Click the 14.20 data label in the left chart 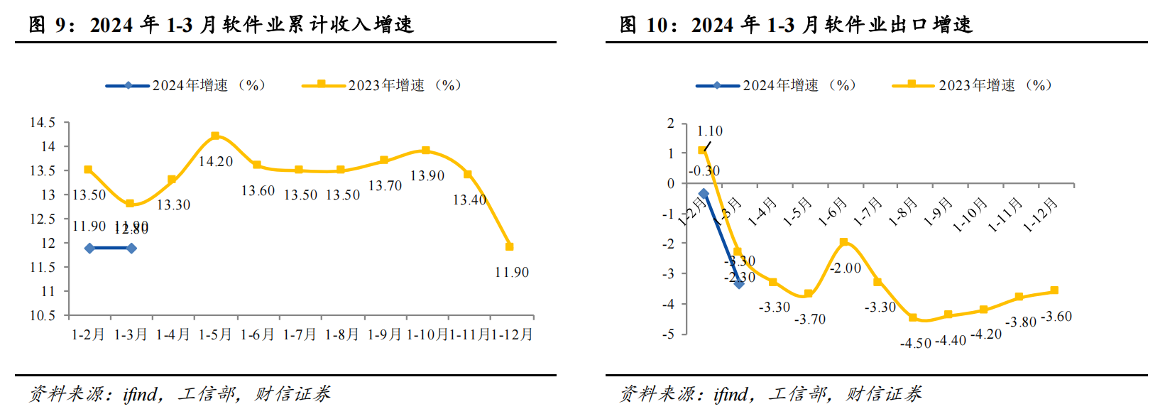pyautogui.click(x=215, y=162)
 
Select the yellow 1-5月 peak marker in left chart pyautogui.click(x=215, y=136)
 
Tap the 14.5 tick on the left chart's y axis pyautogui.click(x=43, y=123)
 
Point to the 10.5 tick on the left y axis pyautogui.click(x=43, y=315)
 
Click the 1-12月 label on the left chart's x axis pyautogui.click(x=512, y=334)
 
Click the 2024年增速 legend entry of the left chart pyautogui.click(x=186, y=85)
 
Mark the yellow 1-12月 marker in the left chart pyautogui.click(x=509, y=246)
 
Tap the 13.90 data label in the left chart pyautogui.click(x=427, y=176)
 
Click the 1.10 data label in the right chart pyautogui.click(x=709, y=131)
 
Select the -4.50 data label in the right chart pyautogui.click(x=915, y=344)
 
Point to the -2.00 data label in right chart pyautogui.click(x=845, y=268)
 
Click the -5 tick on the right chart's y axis pyautogui.click(x=670, y=334)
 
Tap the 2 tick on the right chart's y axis pyautogui.click(x=671, y=124)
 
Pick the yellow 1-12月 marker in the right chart pyautogui.click(x=1054, y=290)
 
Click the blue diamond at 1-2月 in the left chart pyautogui.click(x=89, y=249)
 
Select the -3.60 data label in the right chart pyautogui.click(x=1056, y=317)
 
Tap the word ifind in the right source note pyautogui.click(x=731, y=394)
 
